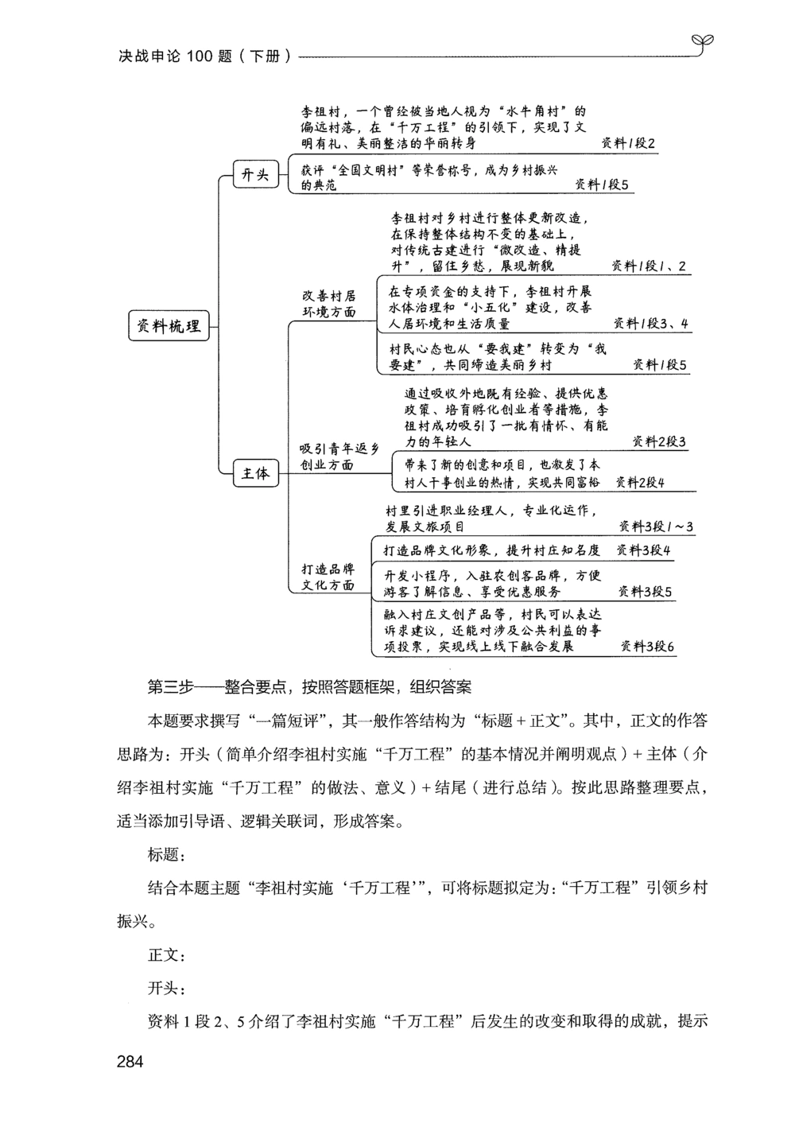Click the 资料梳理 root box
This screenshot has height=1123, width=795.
pyautogui.click(x=169, y=326)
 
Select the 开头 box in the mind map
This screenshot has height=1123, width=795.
pyautogui.click(x=255, y=175)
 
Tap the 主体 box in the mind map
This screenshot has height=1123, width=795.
pyautogui.click(x=255, y=474)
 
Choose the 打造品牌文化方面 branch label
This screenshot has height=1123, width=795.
pyautogui.click(x=328, y=577)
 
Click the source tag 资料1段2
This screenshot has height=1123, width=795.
pyautogui.click(x=628, y=144)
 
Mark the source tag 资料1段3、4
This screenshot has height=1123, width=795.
pyautogui.click(x=651, y=324)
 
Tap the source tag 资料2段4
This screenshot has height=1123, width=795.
pyautogui.click(x=640, y=482)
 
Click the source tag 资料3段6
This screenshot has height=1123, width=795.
pyautogui.click(x=647, y=647)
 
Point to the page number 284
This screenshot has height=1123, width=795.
pyautogui.click(x=130, y=1061)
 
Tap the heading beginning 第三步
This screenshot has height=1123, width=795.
pyautogui.click(x=310, y=686)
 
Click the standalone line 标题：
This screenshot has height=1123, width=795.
pyautogui.click(x=166, y=855)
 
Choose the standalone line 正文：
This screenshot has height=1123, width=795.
pyautogui.click(x=166, y=955)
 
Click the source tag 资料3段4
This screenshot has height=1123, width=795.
pyautogui.click(x=643, y=550)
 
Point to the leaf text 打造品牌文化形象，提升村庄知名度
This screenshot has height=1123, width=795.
pyautogui.click(x=491, y=550)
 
